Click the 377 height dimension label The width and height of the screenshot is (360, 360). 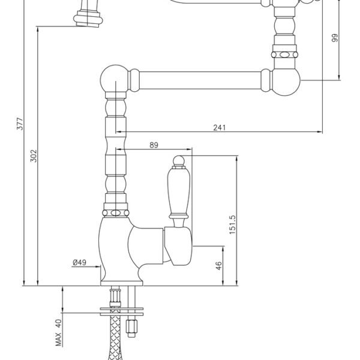(20, 124)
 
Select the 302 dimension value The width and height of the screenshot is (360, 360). (34, 156)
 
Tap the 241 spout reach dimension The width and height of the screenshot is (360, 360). (220, 127)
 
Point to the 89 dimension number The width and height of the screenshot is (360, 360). (154, 145)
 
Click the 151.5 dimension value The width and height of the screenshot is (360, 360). (232, 224)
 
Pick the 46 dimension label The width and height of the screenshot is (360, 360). (219, 266)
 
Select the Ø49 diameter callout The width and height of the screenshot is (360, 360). (79, 262)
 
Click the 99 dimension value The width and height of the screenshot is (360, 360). (335, 38)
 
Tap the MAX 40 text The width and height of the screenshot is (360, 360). (58, 332)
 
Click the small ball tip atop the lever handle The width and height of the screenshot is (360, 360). (178, 160)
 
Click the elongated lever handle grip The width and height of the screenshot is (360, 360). (179, 191)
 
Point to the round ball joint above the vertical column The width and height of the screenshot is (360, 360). (114, 79)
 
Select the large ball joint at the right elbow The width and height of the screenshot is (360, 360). (286, 82)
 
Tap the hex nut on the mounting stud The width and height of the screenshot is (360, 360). (131, 326)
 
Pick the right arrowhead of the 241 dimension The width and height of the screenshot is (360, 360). (320, 132)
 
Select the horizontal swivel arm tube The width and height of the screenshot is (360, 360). (200, 80)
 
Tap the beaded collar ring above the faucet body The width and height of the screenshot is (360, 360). (115, 213)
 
